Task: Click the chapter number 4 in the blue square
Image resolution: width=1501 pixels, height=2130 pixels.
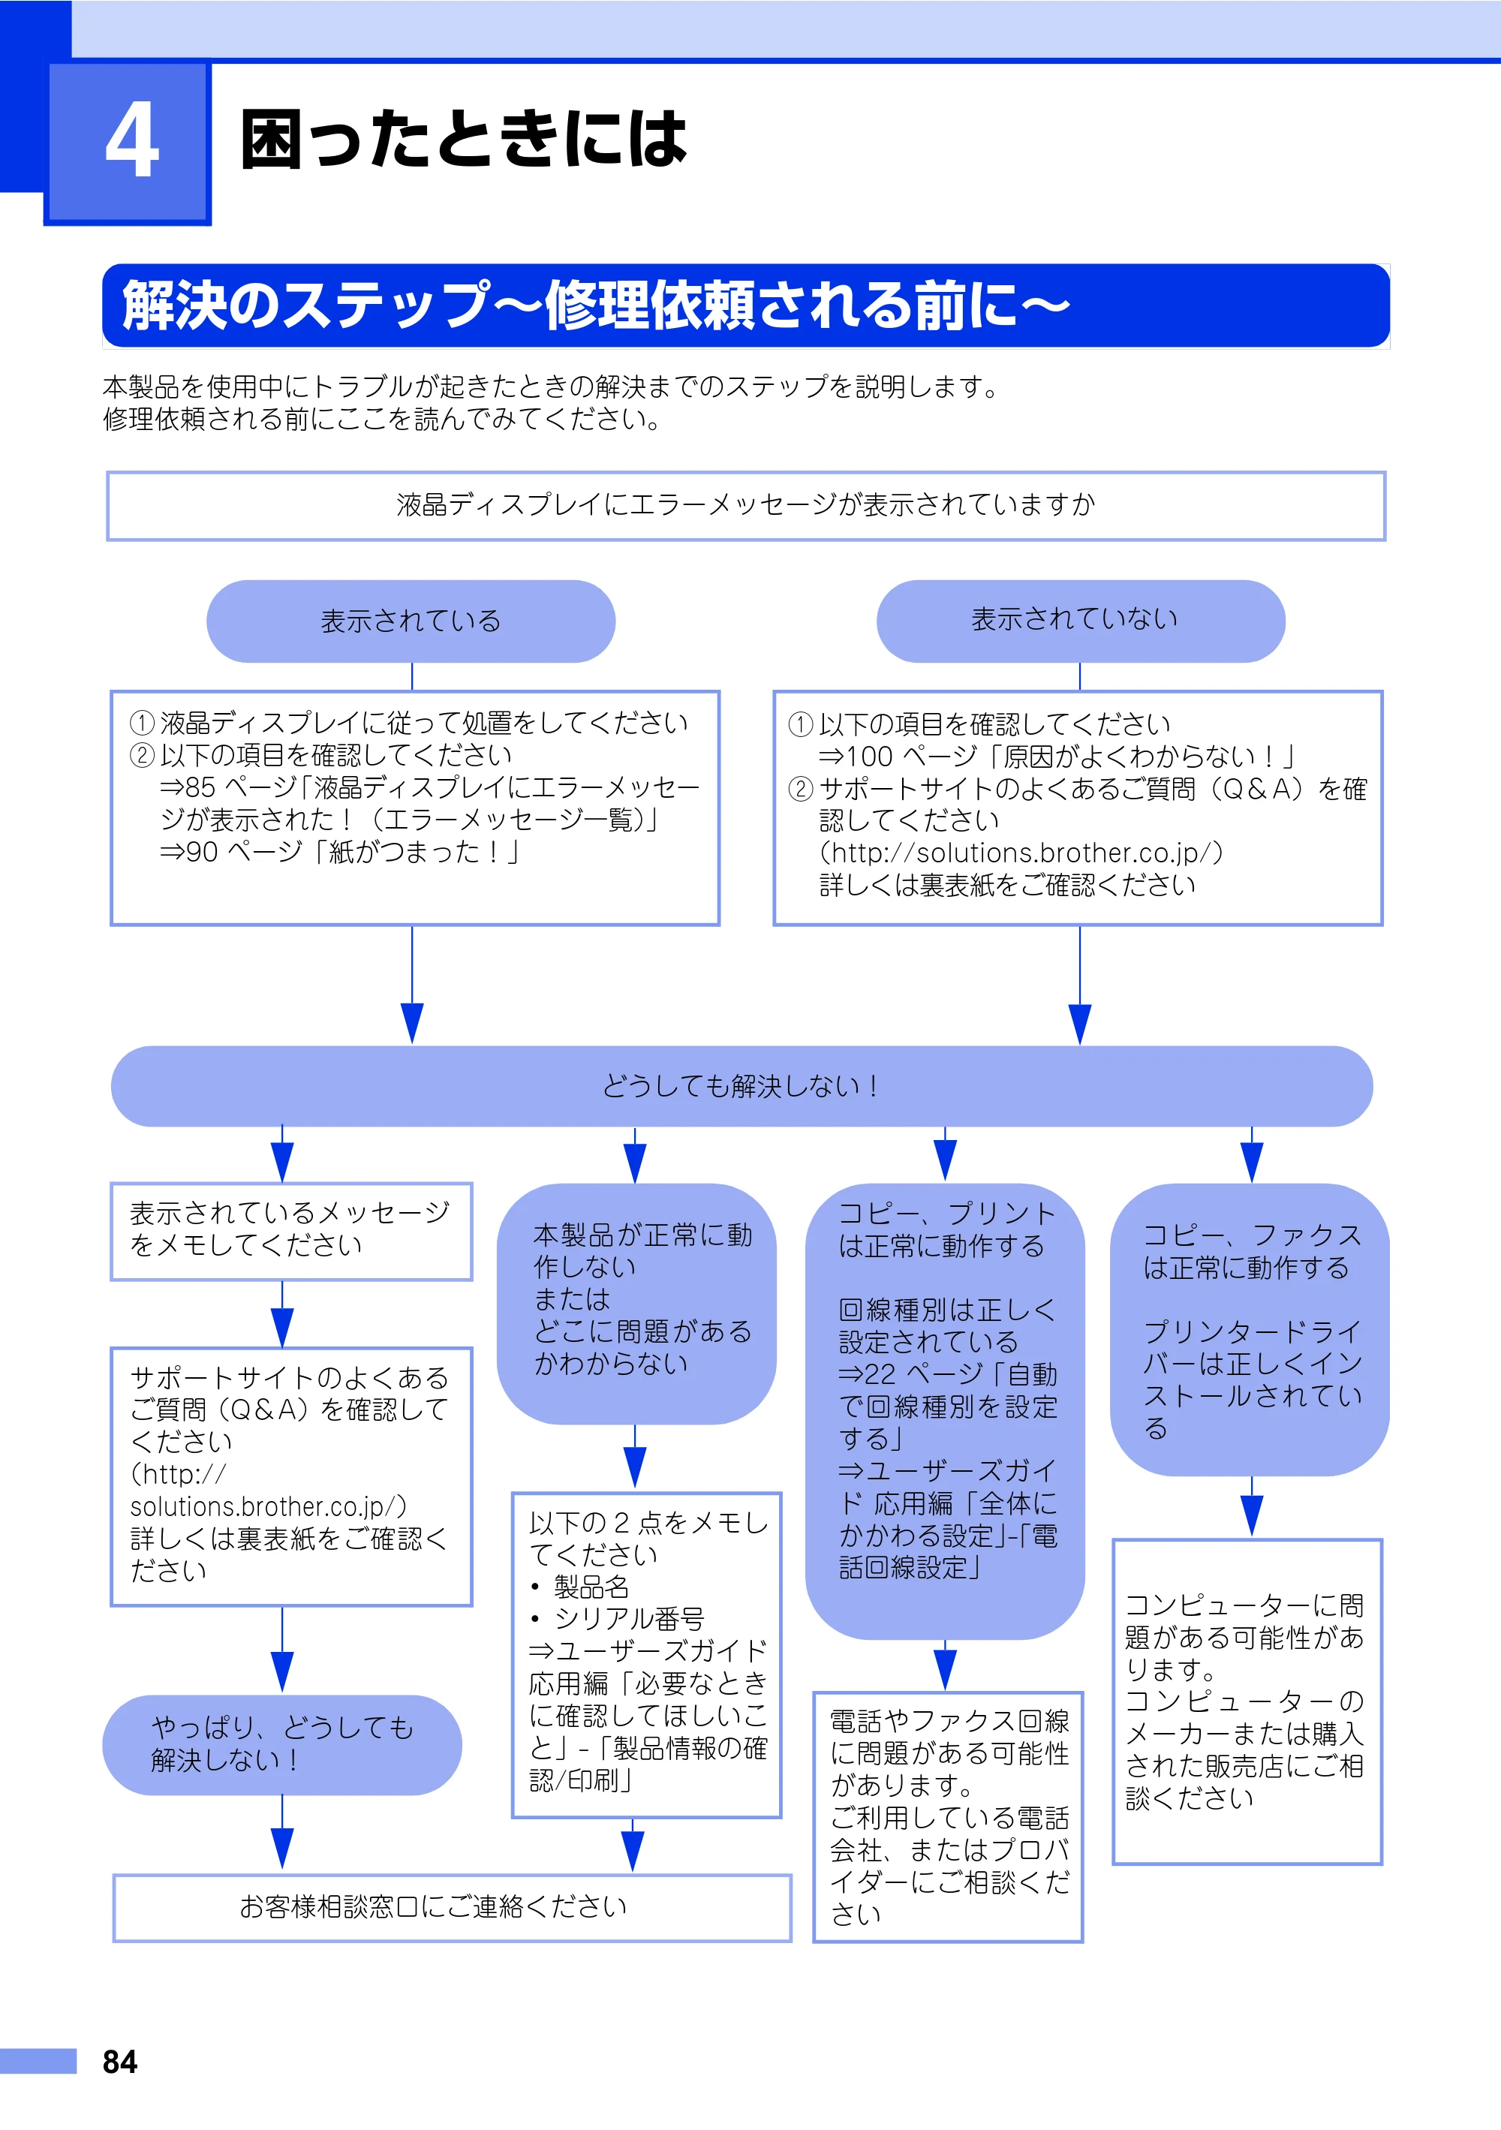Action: [132, 140]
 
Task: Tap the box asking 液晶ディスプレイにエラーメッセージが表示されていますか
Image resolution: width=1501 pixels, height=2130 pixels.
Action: [746, 506]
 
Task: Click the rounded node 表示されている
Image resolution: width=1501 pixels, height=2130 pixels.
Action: [411, 621]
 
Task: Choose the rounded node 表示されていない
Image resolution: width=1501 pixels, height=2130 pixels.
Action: [1080, 621]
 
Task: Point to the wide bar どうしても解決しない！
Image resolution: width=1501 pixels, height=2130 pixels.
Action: [741, 1086]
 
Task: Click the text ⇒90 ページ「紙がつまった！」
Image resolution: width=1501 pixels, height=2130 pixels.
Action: [339, 852]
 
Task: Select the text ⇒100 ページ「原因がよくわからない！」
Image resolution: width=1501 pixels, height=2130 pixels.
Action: [1057, 756]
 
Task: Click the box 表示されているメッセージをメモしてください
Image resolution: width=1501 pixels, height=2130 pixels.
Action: [291, 1231]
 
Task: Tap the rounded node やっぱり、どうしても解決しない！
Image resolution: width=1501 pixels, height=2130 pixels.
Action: [282, 1744]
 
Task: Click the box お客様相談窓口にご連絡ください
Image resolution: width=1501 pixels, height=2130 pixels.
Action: [452, 1907]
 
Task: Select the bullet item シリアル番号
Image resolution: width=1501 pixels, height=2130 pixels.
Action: [618, 1619]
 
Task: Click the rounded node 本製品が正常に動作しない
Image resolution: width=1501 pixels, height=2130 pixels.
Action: [636, 1304]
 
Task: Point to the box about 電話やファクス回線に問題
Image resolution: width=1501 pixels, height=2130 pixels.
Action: [948, 1816]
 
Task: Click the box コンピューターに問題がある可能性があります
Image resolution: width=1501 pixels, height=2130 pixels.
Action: [1248, 1701]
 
